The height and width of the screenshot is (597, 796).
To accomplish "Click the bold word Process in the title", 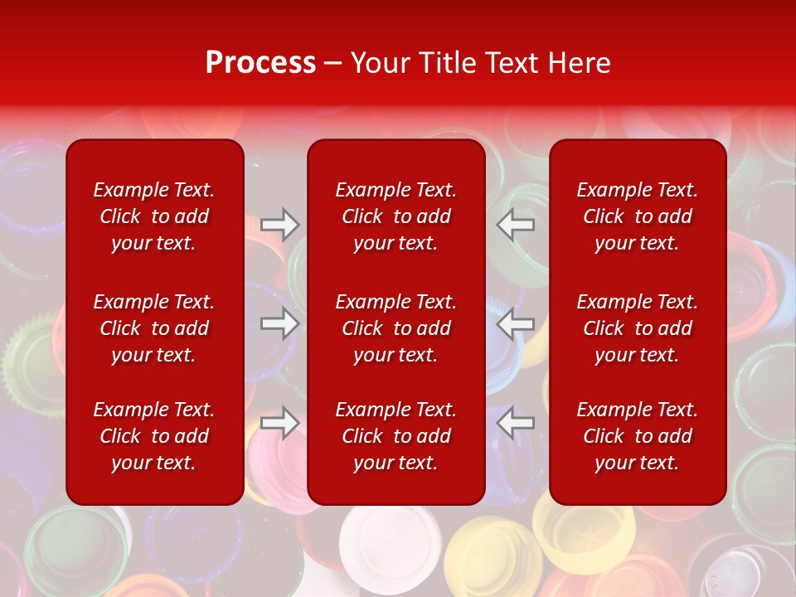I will pyautogui.click(x=260, y=63).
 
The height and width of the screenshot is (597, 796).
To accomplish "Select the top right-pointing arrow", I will pyautogui.click(x=279, y=224).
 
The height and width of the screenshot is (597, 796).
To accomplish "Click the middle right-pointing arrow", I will pyautogui.click(x=279, y=323).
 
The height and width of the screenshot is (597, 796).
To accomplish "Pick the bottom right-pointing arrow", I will pyautogui.click(x=279, y=422).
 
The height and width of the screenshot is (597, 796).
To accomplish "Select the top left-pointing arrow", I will pyautogui.click(x=515, y=224).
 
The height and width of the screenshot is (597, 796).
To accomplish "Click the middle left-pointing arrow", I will pyautogui.click(x=515, y=323).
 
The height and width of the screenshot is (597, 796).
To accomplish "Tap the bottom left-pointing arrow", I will pyautogui.click(x=515, y=422).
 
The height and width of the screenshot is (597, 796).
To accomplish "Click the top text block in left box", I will pyautogui.click(x=154, y=216).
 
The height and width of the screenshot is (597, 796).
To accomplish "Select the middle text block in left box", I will pyautogui.click(x=154, y=328).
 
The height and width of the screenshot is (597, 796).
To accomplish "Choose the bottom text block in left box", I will pyautogui.click(x=154, y=436).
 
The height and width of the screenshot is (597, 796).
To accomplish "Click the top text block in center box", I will pyautogui.click(x=396, y=216).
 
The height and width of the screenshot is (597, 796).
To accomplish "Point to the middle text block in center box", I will pyautogui.click(x=396, y=328).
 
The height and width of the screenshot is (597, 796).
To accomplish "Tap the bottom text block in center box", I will pyautogui.click(x=396, y=436).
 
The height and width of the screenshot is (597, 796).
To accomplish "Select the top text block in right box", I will pyautogui.click(x=638, y=216).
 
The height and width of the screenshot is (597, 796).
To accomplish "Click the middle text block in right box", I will pyautogui.click(x=638, y=328).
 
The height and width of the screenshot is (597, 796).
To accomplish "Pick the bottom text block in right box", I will pyautogui.click(x=638, y=436).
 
